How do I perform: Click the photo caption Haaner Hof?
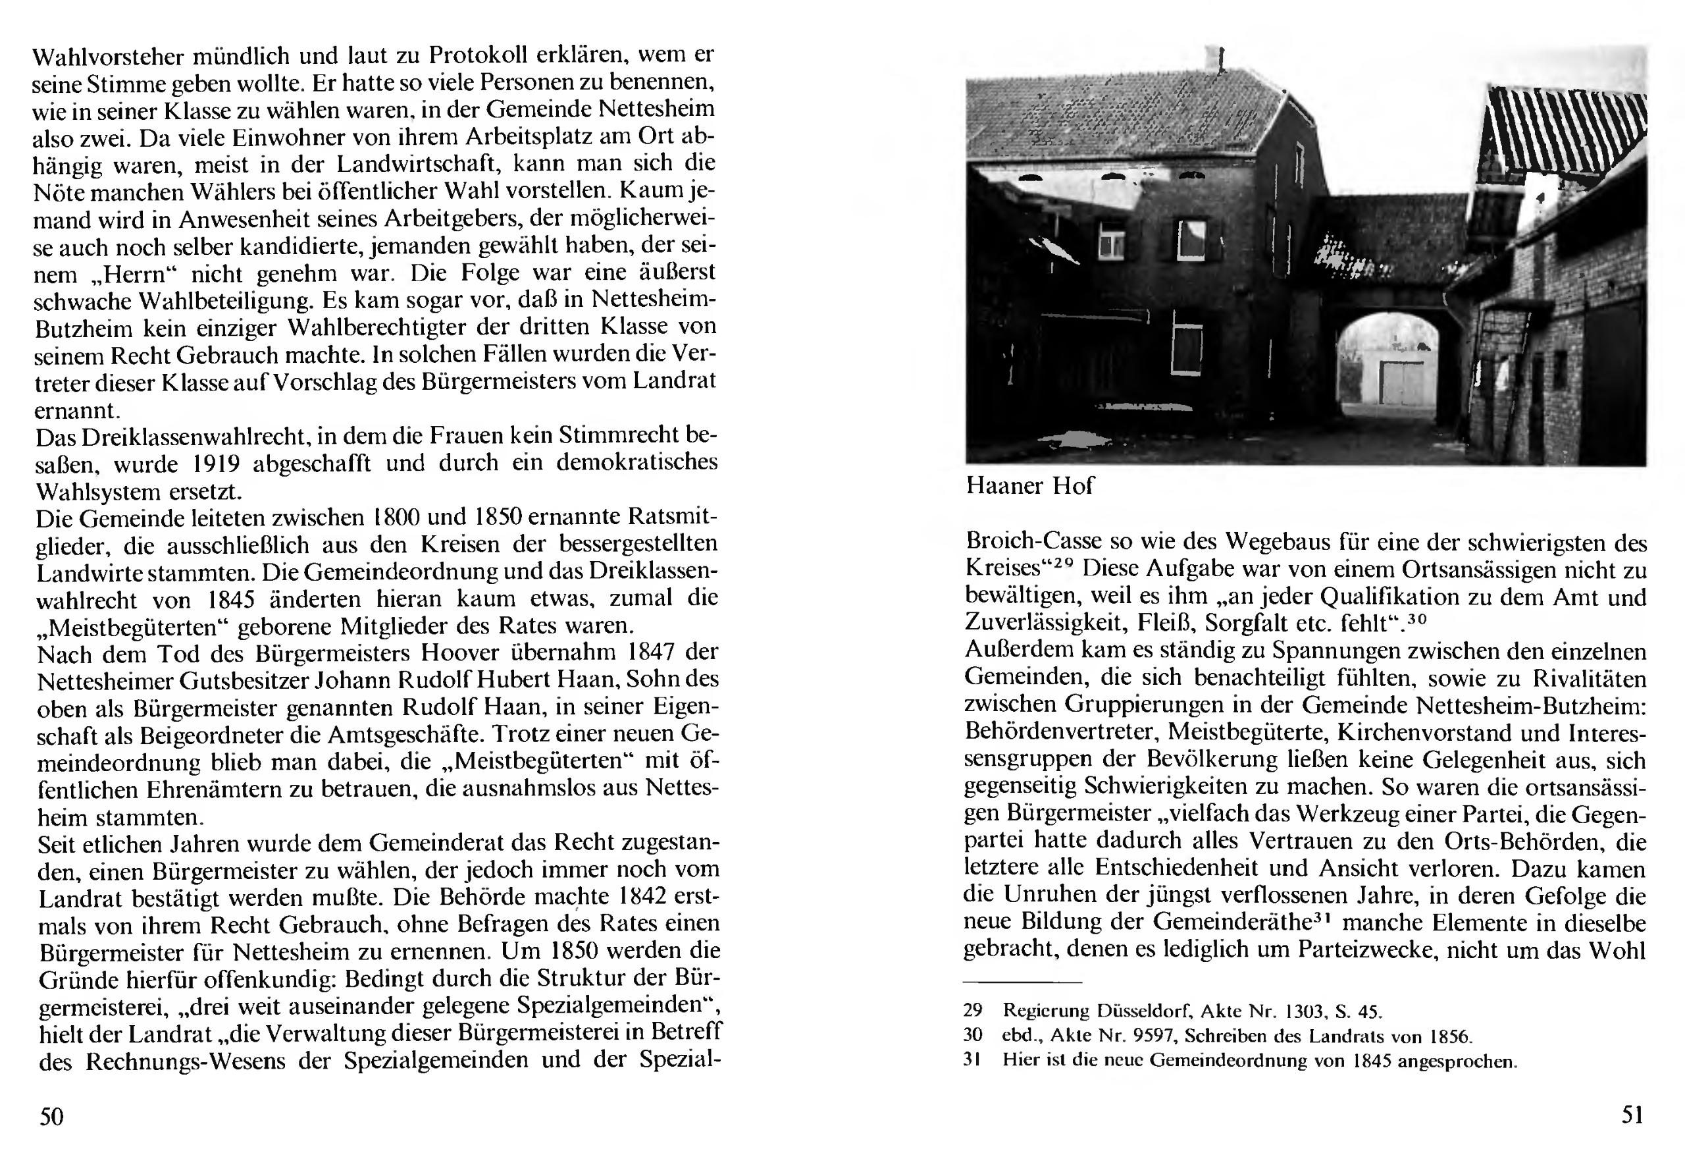(x=1029, y=485)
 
